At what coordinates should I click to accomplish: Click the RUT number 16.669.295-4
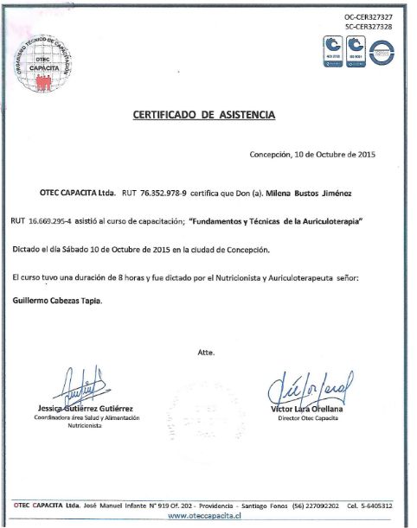pyautogui.click(x=47, y=221)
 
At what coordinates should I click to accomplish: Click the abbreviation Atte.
pyautogui.click(x=205, y=353)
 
